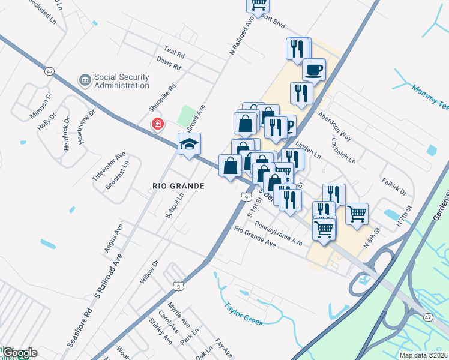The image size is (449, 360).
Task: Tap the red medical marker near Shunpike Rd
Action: (x=157, y=124)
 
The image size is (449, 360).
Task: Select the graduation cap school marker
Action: (x=189, y=145)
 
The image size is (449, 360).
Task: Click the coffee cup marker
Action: (x=313, y=70)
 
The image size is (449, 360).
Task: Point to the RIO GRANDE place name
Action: (x=178, y=186)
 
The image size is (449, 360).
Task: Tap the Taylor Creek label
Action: (x=244, y=313)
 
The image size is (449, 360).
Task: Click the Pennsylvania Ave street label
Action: (x=278, y=233)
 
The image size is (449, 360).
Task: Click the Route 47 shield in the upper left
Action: (x=50, y=71)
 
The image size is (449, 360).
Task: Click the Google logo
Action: (x=19, y=353)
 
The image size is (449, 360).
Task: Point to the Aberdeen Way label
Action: (x=334, y=125)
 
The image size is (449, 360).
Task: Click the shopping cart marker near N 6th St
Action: (x=357, y=213)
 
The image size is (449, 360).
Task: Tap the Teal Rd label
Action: (x=174, y=52)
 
